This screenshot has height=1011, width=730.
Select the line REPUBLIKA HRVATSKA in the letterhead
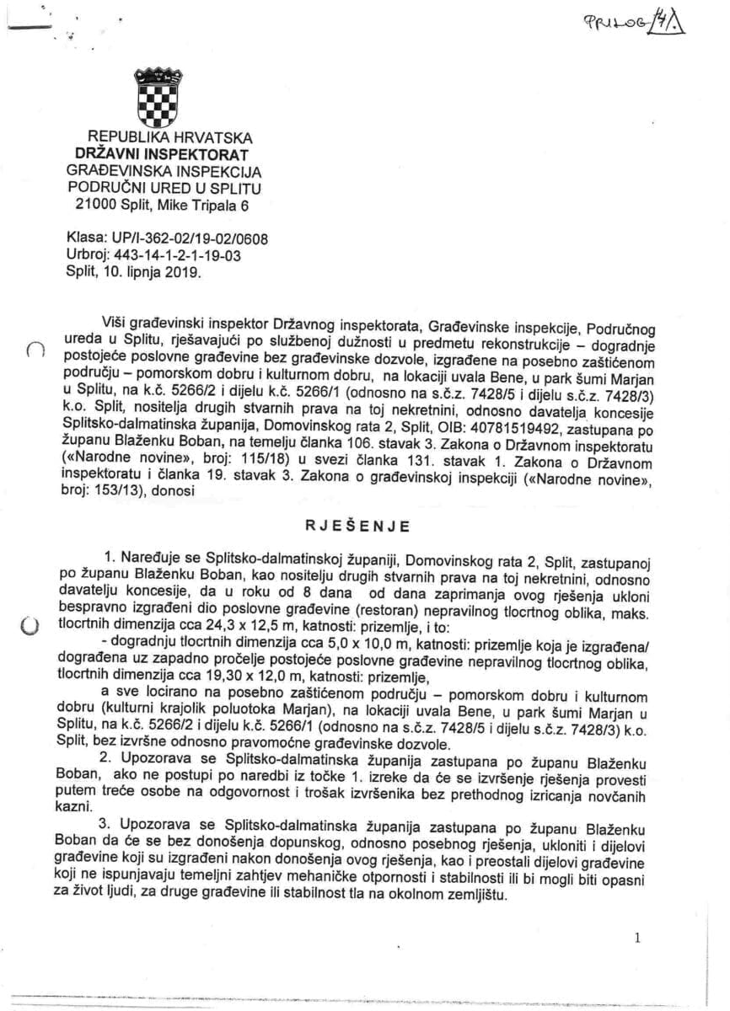[x=170, y=138]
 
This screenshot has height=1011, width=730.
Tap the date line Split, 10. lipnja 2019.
[x=134, y=271]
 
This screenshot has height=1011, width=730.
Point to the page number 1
[x=637, y=937]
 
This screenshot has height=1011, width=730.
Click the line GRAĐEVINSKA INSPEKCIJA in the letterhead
[x=169, y=170]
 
